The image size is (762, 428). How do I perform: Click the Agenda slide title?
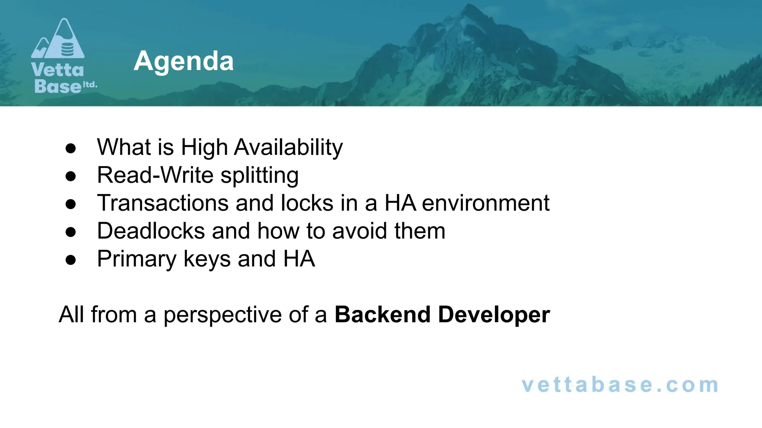click(183, 61)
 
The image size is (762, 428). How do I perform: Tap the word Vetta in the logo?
click(58, 70)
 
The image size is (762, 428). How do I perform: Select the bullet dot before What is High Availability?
click(71, 148)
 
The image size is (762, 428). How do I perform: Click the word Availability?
click(288, 147)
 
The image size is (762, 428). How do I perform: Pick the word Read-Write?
click(155, 175)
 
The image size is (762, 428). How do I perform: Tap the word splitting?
click(260, 176)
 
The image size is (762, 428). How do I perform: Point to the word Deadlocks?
click(151, 231)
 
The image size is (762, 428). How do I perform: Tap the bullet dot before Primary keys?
click(71, 260)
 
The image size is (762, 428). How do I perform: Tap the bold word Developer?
click(494, 315)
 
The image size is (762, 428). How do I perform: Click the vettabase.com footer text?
click(619, 385)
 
